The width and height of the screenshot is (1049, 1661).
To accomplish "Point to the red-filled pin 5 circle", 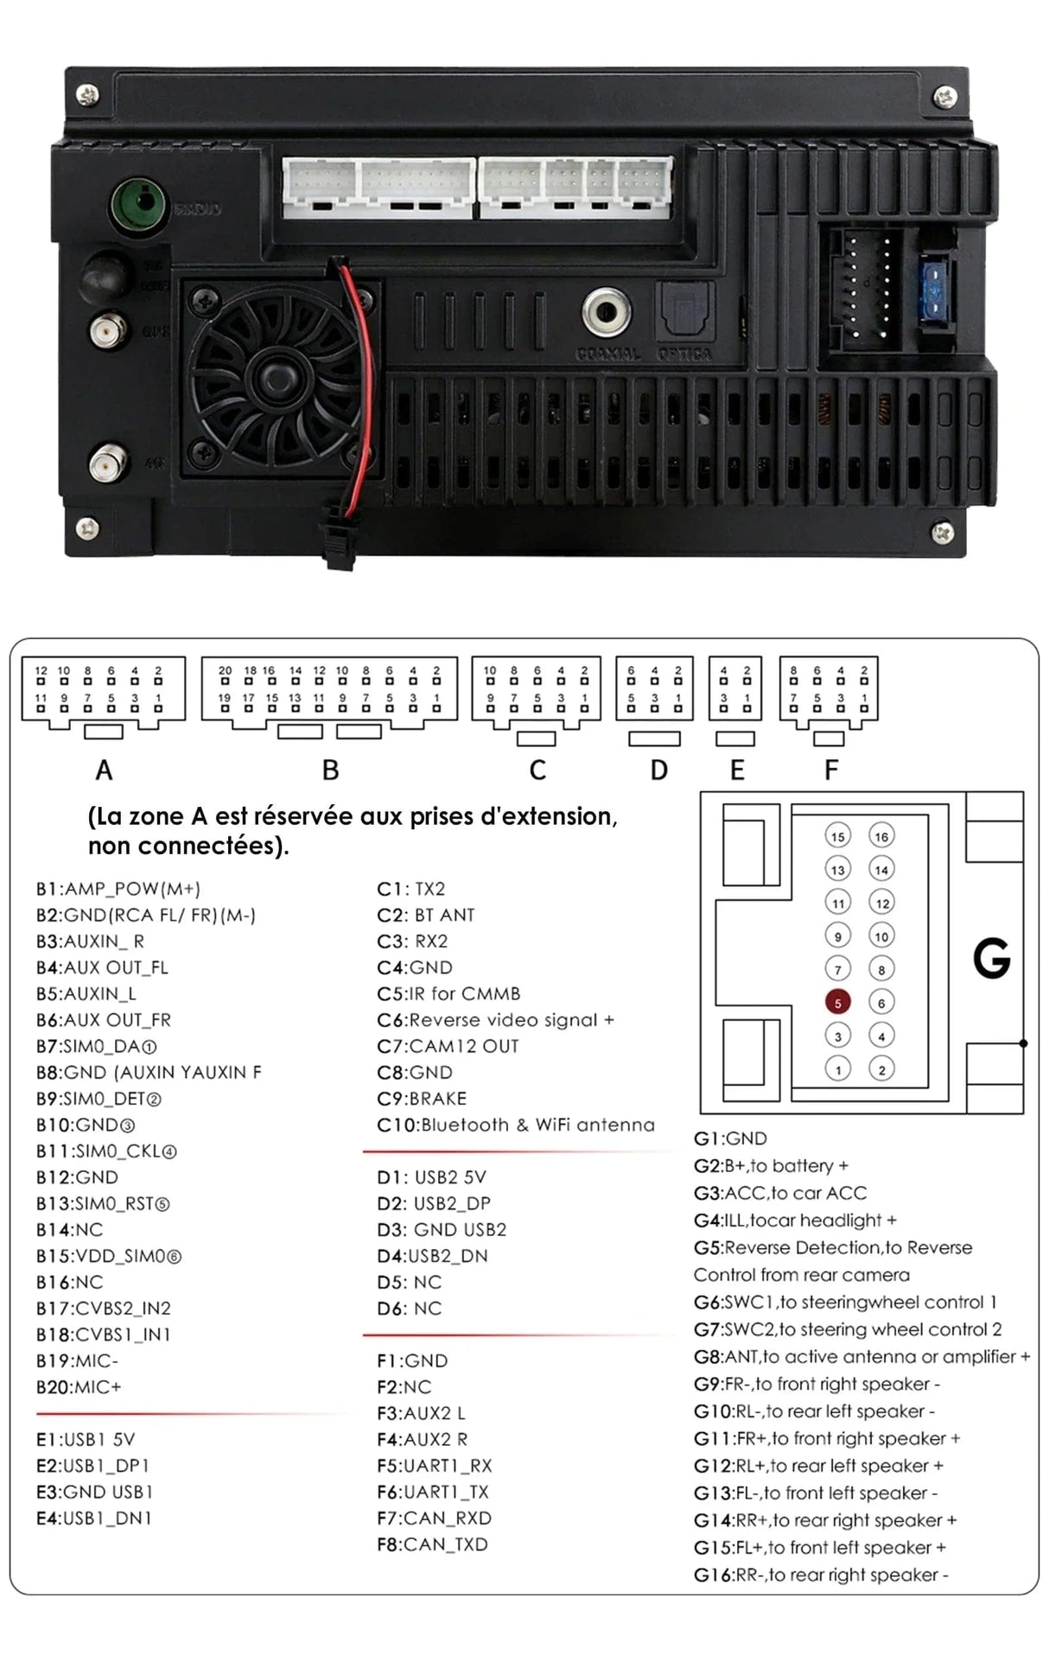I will point(837,1003).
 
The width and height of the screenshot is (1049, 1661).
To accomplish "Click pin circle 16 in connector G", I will point(881,836).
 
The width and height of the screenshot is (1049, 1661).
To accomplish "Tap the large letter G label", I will point(991,959).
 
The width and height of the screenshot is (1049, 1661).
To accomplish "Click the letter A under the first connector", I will point(104,770).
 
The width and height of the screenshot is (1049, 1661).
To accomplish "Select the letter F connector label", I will point(831,770).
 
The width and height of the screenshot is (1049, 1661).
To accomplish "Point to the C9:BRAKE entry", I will point(422,1099).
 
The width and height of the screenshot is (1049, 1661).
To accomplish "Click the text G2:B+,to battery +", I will point(771,1166).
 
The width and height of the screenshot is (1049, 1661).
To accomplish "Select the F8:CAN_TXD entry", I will point(432,1544).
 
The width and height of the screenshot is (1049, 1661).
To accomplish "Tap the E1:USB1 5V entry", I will point(86,1440).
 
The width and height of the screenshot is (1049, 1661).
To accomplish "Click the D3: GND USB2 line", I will point(442,1230).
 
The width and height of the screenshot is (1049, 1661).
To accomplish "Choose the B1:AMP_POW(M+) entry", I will point(118,889).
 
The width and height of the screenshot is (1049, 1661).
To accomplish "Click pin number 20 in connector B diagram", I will point(225,671).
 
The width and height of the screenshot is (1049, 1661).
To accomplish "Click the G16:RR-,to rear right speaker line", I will point(821,1575).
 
